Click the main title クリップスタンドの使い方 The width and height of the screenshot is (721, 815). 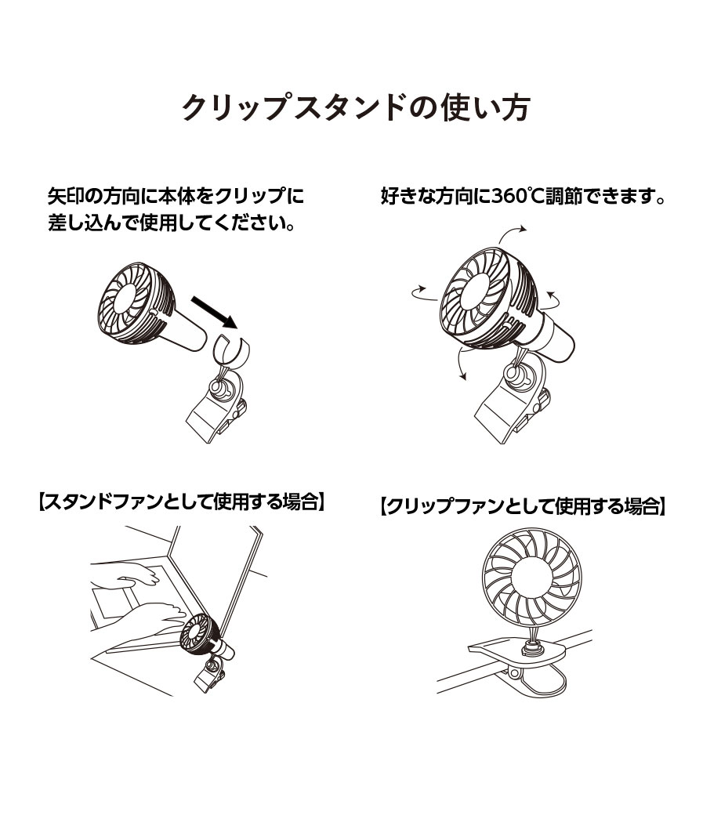click(356, 107)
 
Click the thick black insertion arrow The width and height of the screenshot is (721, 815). click(214, 313)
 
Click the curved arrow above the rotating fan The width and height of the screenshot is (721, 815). click(512, 234)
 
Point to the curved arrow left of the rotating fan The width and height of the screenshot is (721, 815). click(424, 293)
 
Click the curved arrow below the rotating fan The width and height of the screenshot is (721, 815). click(460, 363)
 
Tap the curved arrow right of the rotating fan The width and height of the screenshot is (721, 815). click(553, 299)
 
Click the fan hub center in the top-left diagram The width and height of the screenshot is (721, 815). click(125, 299)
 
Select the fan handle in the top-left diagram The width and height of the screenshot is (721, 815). click(187, 331)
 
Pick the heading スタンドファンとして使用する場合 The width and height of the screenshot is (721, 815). click(182, 502)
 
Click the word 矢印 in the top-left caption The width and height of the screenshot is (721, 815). click(67, 196)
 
